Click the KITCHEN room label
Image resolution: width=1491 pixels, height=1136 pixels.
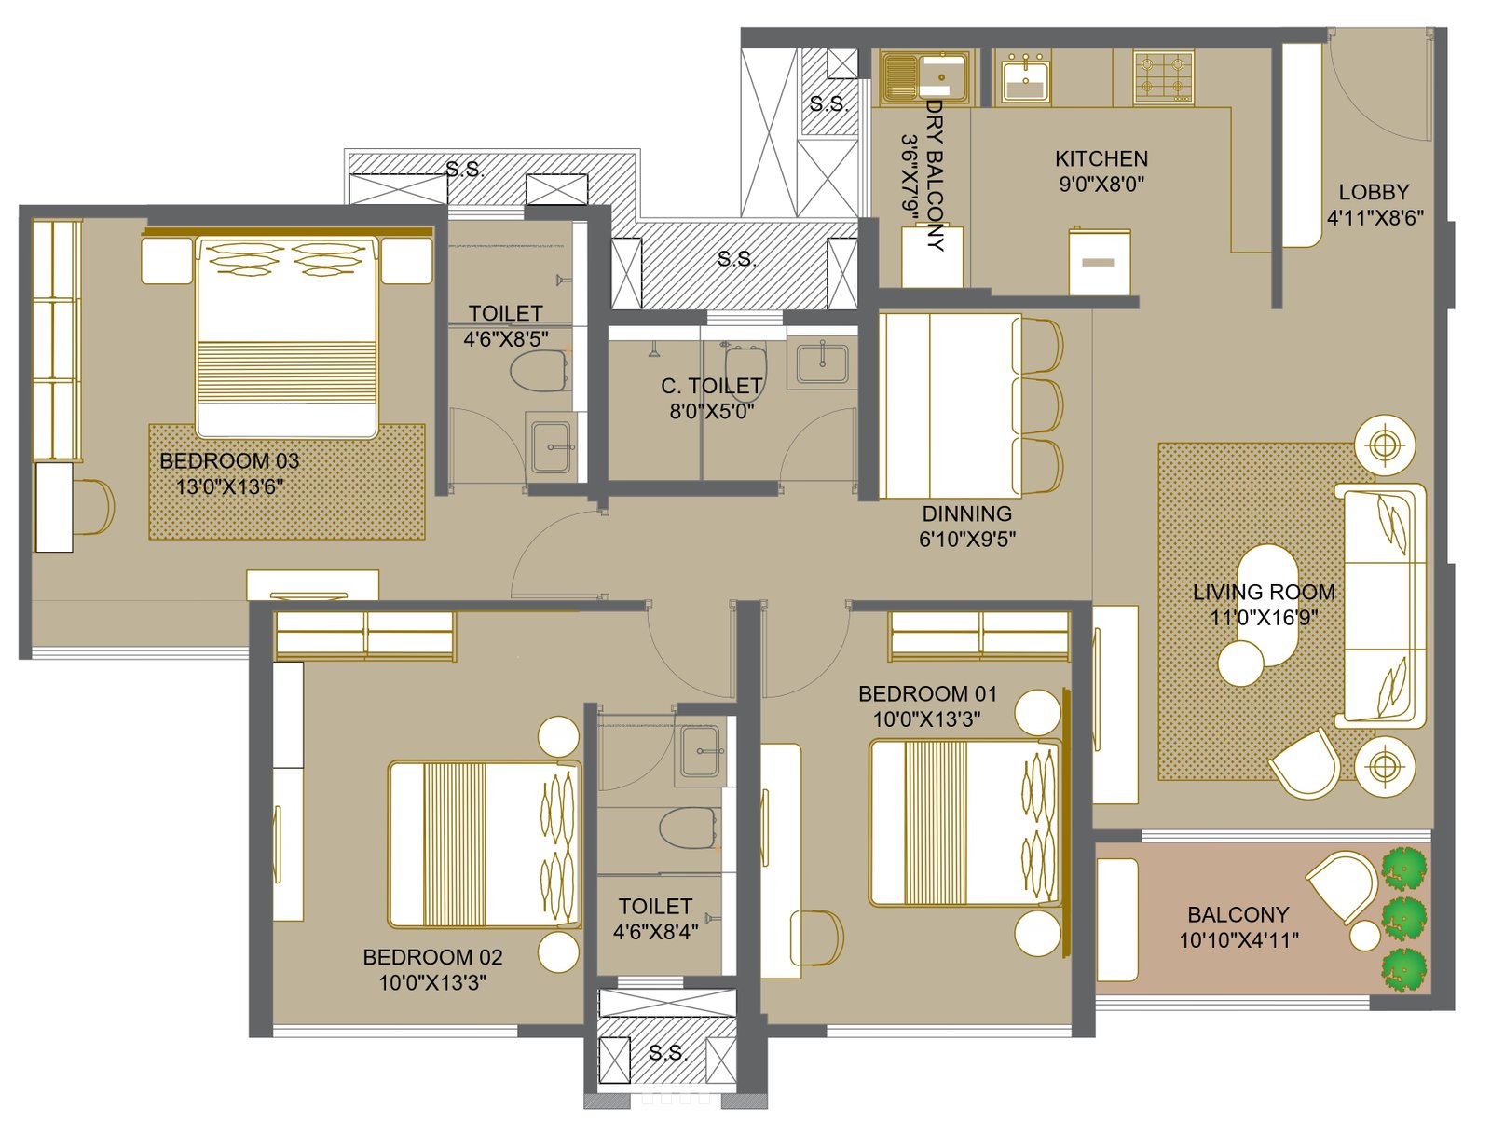[1101, 158]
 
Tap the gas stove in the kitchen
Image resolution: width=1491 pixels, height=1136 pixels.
[1163, 76]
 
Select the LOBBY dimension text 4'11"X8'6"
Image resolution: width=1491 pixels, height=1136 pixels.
[1375, 218]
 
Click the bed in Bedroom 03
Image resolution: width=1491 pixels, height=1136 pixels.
[286, 336]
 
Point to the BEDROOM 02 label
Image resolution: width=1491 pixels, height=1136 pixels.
[432, 957]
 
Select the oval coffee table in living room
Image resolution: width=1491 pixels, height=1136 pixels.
[1267, 604]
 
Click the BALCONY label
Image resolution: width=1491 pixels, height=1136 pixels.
[1238, 914]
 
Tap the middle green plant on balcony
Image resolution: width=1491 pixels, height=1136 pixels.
[1404, 918]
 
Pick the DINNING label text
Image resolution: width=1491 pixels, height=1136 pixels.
[966, 513]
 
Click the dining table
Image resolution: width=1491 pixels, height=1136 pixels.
[950, 406]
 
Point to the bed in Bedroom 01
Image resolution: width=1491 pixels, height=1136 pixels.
[964, 822]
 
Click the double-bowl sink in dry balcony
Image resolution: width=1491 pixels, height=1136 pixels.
[925, 76]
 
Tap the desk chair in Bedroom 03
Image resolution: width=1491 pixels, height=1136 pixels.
[94, 507]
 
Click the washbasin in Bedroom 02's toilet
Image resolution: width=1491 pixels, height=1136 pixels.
[701, 752]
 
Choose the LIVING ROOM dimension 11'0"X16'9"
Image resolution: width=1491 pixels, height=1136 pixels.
[1265, 617]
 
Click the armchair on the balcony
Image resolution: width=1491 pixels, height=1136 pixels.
[1342, 888]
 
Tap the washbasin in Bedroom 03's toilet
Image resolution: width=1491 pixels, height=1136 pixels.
[551, 446]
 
